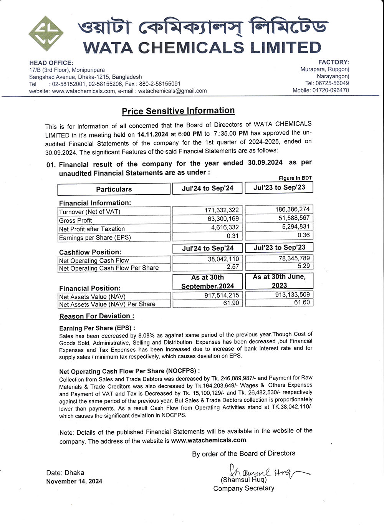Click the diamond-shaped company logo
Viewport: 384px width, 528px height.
46,33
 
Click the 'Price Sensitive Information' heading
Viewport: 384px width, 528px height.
178,111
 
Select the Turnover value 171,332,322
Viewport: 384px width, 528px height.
222,210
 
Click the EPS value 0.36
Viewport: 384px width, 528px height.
303,235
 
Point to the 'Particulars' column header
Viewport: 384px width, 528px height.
114,189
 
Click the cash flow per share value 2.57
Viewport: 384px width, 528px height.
233,266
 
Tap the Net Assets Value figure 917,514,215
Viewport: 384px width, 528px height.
222,295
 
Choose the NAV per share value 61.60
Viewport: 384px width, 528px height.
302,302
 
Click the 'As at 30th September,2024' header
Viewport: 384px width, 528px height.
207,281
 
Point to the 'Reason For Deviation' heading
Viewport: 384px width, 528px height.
97,316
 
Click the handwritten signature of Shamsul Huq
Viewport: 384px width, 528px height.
265,472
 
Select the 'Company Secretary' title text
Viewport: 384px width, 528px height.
244,488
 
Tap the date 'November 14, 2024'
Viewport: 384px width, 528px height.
74,481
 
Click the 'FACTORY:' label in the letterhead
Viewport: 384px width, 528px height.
333,62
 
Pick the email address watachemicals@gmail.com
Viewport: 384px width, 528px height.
172,91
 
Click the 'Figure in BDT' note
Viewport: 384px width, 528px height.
295,178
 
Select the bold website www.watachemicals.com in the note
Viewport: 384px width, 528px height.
209,440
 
